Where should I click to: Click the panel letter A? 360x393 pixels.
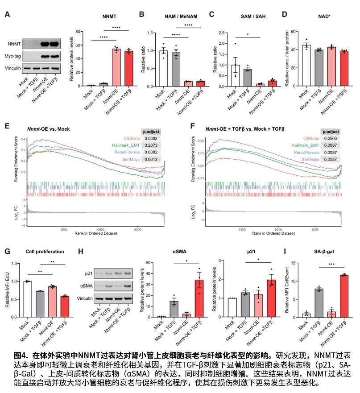[x=7, y=15]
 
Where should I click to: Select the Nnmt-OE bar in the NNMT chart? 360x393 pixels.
[x=116, y=67]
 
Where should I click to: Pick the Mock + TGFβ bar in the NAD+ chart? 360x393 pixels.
[x=319, y=67]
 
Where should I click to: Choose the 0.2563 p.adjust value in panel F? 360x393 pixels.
[x=331, y=139]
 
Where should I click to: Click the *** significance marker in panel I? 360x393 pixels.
[x=331, y=264]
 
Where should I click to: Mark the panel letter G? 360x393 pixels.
[x=7, y=251]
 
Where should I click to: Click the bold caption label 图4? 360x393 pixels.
[x=21, y=356]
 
